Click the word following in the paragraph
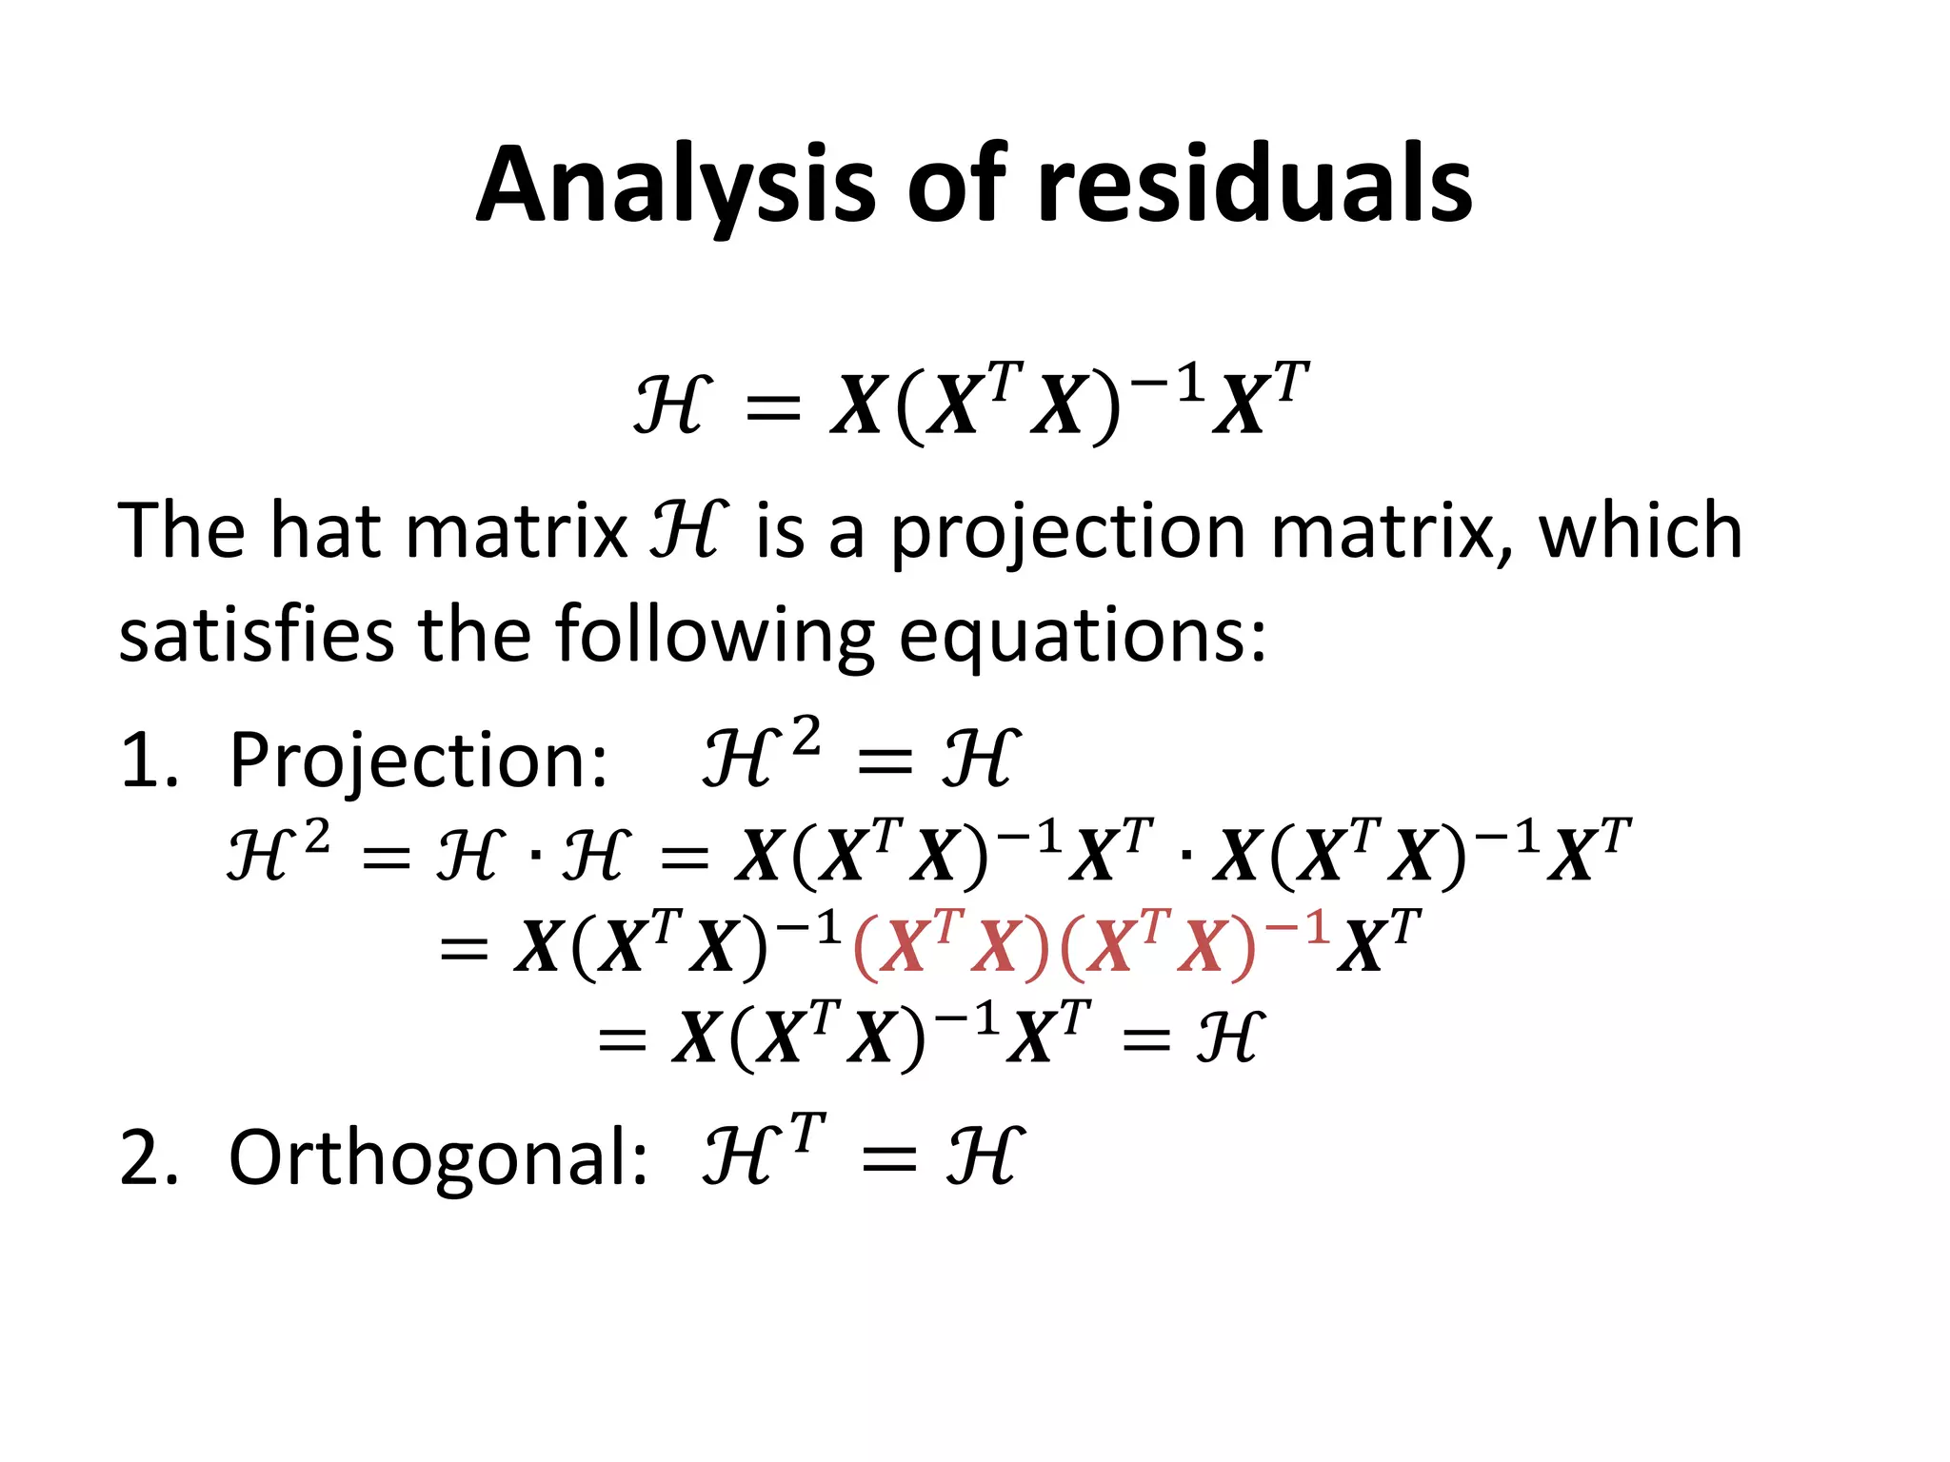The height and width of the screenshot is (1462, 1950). coord(713,635)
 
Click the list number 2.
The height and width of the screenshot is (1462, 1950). coord(147,1158)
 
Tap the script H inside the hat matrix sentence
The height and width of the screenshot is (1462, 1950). coord(688,530)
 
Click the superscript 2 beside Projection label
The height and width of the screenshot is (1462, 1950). coord(806,736)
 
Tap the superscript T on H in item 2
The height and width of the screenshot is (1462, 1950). coord(807,1133)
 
